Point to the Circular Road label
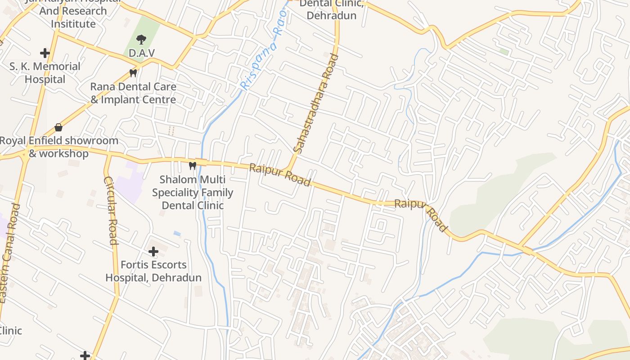click(x=111, y=210)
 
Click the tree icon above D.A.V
click(x=141, y=40)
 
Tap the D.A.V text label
click(x=141, y=53)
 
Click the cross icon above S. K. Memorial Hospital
click(x=45, y=53)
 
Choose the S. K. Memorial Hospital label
click(x=45, y=73)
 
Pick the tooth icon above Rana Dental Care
click(x=133, y=72)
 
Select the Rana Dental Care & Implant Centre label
click(x=133, y=93)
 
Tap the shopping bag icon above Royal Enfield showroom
click(x=58, y=127)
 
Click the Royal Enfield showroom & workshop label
click(x=58, y=147)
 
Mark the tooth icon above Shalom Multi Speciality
click(x=193, y=166)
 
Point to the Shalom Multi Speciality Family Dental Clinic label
click(x=193, y=193)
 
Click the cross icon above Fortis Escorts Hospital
click(x=153, y=251)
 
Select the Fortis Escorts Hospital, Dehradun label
click(x=153, y=271)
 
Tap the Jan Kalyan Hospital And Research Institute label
click(x=73, y=13)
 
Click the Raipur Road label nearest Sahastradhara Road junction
click(x=280, y=175)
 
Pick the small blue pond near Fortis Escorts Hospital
click(x=177, y=234)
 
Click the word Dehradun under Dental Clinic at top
click(x=331, y=16)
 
